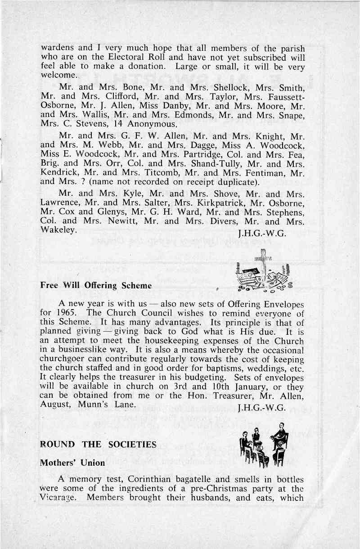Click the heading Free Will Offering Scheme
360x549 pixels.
[96, 285]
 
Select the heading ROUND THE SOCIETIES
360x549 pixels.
[98, 445]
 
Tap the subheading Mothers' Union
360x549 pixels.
[72, 463]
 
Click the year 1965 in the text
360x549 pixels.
[68, 313]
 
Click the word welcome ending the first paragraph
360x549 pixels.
[58, 75]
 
